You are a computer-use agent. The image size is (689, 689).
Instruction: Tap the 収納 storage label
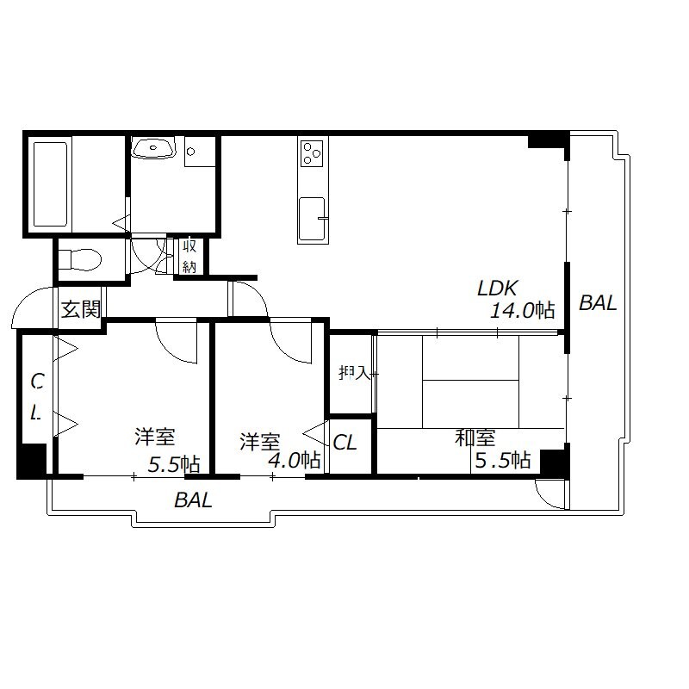click(x=189, y=257)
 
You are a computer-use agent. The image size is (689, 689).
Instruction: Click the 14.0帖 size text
click(x=521, y=311)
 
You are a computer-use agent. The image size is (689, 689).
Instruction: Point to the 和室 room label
click(x=475, y=438)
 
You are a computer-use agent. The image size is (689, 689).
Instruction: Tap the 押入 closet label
click(x=353, y=374)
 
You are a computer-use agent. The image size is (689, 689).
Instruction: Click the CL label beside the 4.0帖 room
click(x=344, y=443)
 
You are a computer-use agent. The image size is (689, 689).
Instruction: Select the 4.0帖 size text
click(x=294, y=461)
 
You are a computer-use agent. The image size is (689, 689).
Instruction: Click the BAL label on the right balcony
click(x=598, y=303)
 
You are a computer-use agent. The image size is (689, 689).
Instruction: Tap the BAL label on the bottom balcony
click(x=193, y=500)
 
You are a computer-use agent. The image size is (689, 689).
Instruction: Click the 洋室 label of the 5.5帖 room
click(x=154, y=438)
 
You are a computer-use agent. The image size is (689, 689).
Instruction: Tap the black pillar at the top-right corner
click(x=548, y=140)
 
